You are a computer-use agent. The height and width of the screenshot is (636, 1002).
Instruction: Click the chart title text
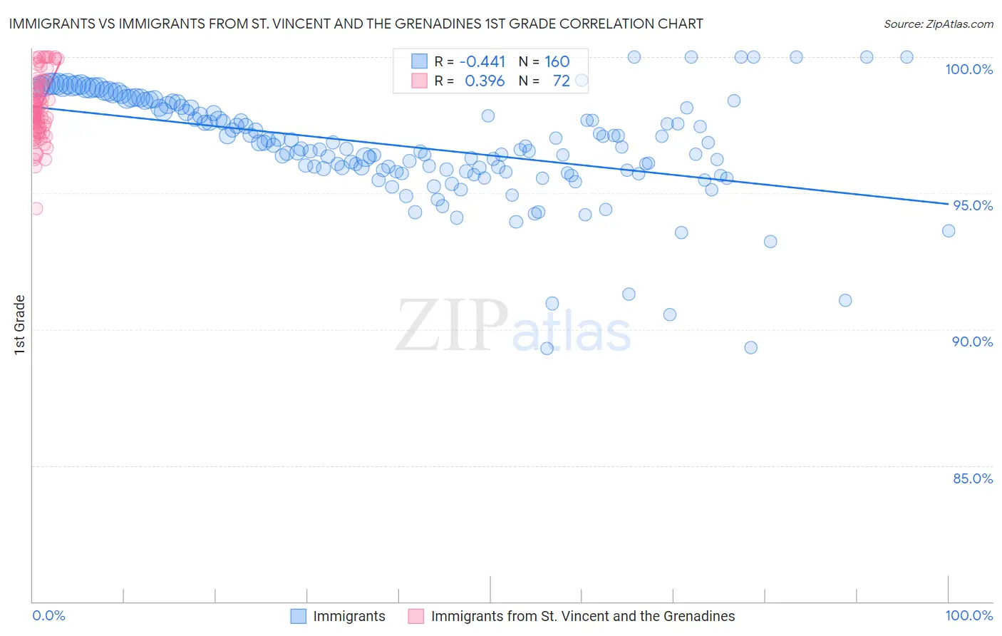point(356,24)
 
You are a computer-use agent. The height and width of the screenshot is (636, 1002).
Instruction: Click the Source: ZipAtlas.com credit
point(938,24)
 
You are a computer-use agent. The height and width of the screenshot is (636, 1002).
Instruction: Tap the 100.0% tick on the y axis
point(969,69)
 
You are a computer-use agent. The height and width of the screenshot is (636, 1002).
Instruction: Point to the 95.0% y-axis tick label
point(973,205)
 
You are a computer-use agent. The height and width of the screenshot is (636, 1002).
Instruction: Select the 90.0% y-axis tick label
point(972,342)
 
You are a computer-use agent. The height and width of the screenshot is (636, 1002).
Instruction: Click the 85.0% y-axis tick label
point(973,478)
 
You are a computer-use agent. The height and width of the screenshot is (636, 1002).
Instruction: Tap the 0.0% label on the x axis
point(48,615)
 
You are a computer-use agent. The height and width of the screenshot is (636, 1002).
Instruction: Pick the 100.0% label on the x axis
point(969,615)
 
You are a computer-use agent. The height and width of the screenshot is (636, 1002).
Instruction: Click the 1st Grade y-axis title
point(20,324)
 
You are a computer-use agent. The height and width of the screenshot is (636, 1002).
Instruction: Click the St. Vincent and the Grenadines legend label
point(582,616)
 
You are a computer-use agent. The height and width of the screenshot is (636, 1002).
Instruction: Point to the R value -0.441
point(482,61)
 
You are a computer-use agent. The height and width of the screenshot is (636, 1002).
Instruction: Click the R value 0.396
point(485,81)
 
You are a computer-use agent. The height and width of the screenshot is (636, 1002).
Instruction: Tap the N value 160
point(557,61)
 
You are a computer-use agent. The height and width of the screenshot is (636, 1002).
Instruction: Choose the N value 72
point(561,81)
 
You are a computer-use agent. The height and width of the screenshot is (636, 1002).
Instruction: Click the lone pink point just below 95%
point(36,208)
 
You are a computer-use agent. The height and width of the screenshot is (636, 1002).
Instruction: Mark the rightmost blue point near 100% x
point(948,230)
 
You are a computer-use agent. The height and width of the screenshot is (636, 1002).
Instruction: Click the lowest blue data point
point(547,348)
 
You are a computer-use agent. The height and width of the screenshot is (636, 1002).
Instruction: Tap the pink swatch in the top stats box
point(419,81)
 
